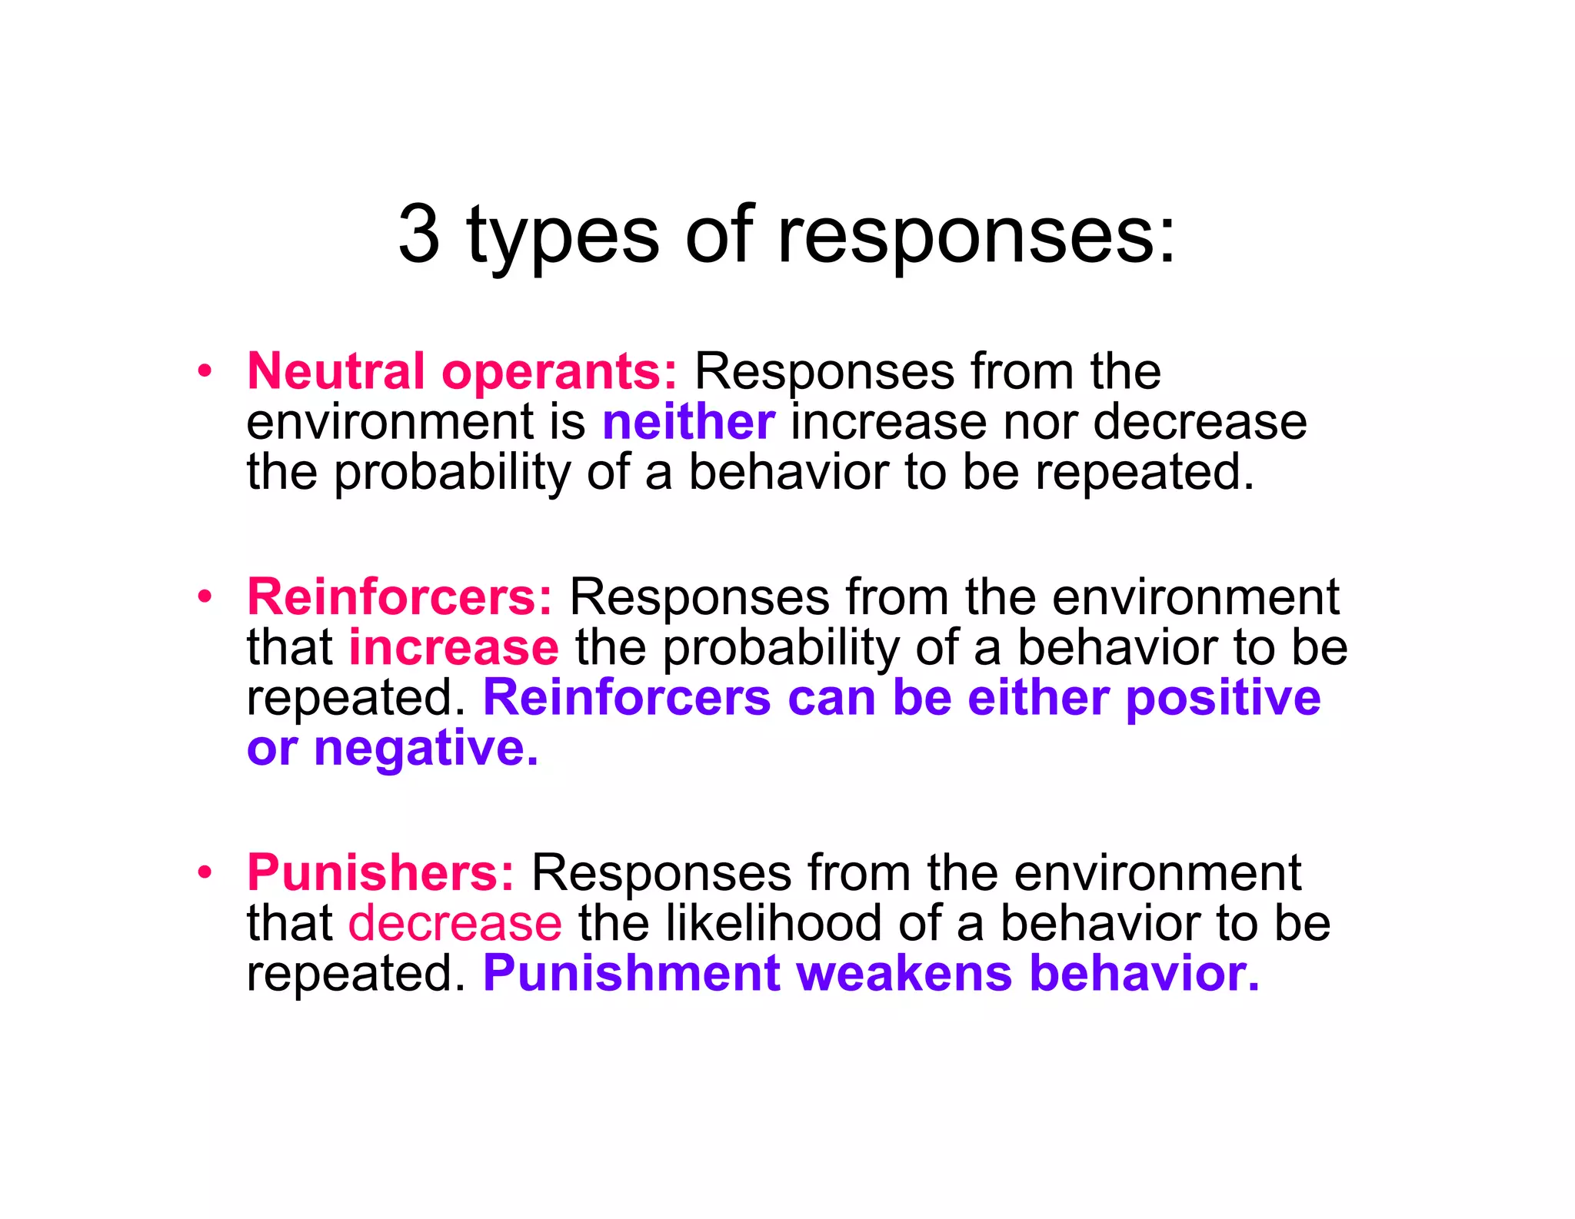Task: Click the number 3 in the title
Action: pyautogui.click(x=419, y=234)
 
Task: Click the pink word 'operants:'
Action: pyautogui.click(x=559, y=373)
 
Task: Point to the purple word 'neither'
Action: pyautogui.click(x=688, y=422)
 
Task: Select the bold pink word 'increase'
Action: pyautogui.click(x=454, y=647)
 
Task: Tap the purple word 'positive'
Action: pyautogui.click(x=1223, y=699)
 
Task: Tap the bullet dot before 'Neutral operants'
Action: pyautogui.click(x=204, y=371)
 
